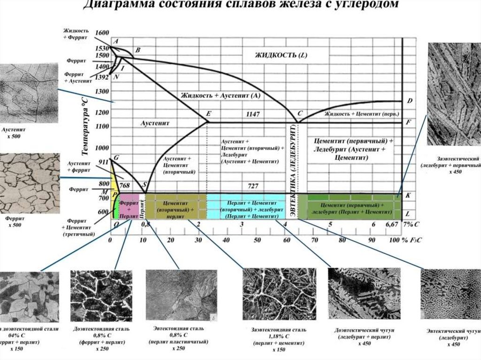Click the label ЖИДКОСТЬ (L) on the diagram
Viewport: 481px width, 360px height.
pos(280,55)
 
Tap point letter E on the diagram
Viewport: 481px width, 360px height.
pos(209,114)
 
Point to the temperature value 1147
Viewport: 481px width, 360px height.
pos(253,114)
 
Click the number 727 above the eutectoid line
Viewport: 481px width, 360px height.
pos(253,186)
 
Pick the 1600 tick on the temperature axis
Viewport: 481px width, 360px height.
pos(101,32)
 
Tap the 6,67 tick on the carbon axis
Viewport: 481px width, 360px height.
pos(392,225)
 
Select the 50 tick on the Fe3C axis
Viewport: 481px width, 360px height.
pos(257,240)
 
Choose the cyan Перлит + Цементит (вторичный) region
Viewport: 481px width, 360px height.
pos(246,207)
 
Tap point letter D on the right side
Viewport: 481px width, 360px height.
pos(409,101)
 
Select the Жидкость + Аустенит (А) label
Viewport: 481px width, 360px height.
pos(220,95)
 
